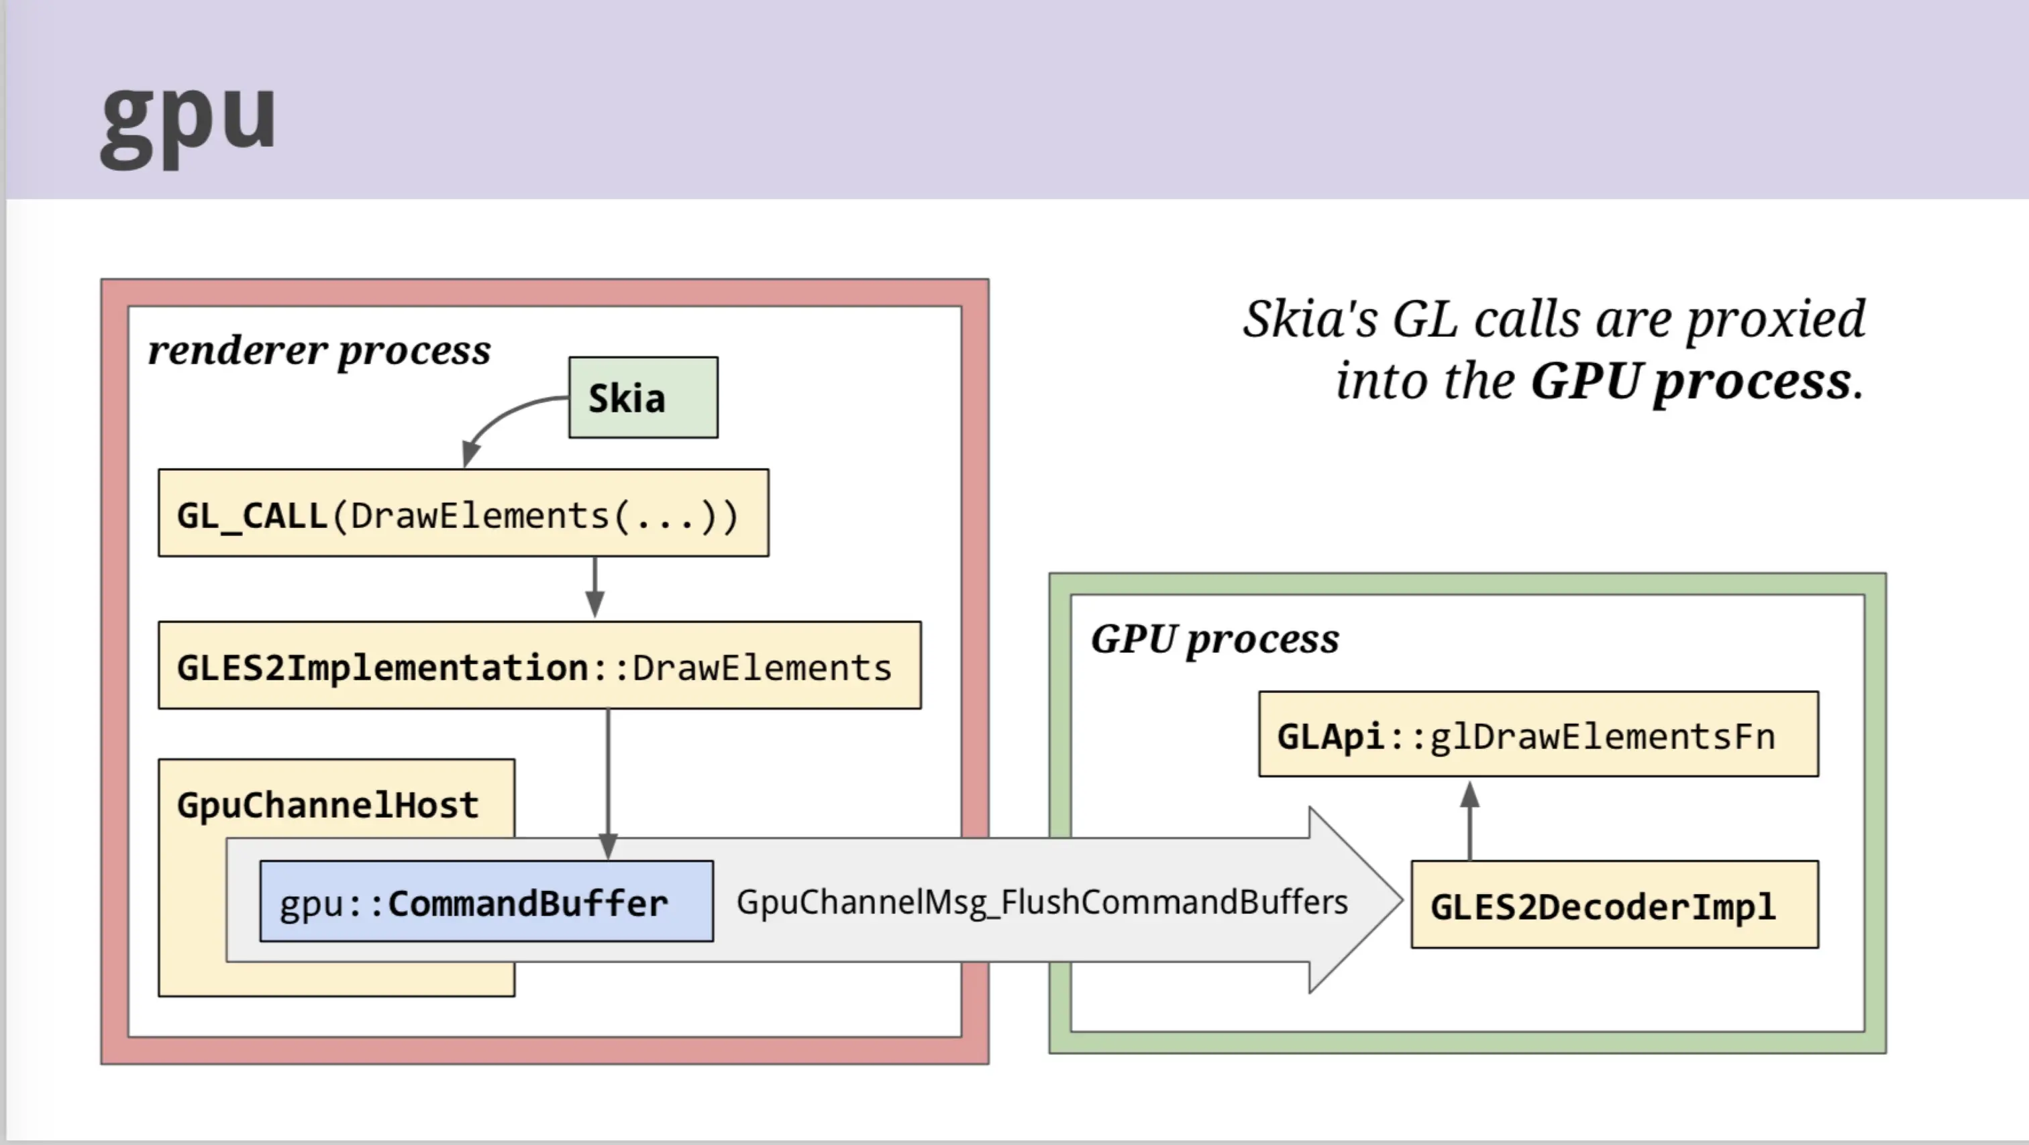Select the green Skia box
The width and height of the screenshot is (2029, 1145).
coord(643,398)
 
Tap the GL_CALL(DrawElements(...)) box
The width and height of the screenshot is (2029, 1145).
coord(463,512)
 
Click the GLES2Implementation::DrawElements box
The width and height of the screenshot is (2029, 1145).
coord(539,665)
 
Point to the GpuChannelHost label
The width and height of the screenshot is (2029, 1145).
coord(327,805)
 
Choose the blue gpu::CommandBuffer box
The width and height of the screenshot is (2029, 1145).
coord(486,901)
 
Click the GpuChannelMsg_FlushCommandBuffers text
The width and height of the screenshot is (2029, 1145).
coord(1042,902)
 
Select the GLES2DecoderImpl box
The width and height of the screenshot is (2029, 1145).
coord(1615,904)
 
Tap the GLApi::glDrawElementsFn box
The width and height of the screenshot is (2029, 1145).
coord(1539,734)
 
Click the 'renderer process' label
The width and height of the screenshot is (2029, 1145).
coord(319,350)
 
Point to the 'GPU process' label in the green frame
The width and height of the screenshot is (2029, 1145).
coord(1214,639)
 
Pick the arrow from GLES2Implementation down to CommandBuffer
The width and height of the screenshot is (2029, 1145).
coord(608,784)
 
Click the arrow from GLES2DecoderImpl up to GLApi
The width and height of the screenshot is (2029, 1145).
coord(1470,820)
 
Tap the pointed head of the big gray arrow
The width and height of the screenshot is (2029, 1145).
coord(1402,899)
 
